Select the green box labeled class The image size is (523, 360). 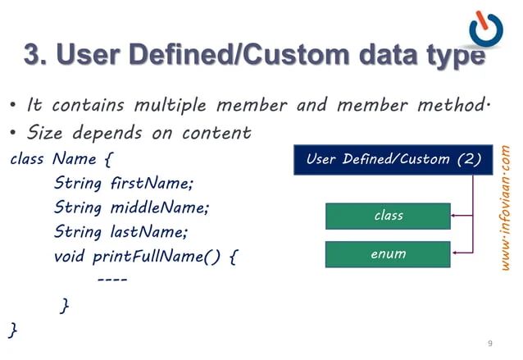point(388,216)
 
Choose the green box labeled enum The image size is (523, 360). point(388,253)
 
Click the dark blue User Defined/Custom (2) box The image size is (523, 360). point(393,159)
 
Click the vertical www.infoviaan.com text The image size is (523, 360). point(506,210)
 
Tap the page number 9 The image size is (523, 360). point(489,342)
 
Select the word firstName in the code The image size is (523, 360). point(147,181)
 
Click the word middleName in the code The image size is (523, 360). point(157,207)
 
